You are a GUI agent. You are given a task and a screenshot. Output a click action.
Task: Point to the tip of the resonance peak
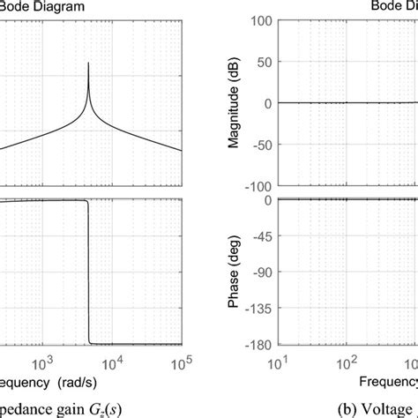(x=88, y=63)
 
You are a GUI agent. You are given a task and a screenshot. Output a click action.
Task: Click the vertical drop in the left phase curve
(x=89, y=273)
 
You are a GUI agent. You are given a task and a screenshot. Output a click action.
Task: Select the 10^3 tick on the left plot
(x=42, y=362)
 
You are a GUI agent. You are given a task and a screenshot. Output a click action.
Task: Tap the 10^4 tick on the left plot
(x=111, y=362)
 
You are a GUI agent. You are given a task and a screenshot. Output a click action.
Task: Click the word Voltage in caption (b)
(x=393, y=408)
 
